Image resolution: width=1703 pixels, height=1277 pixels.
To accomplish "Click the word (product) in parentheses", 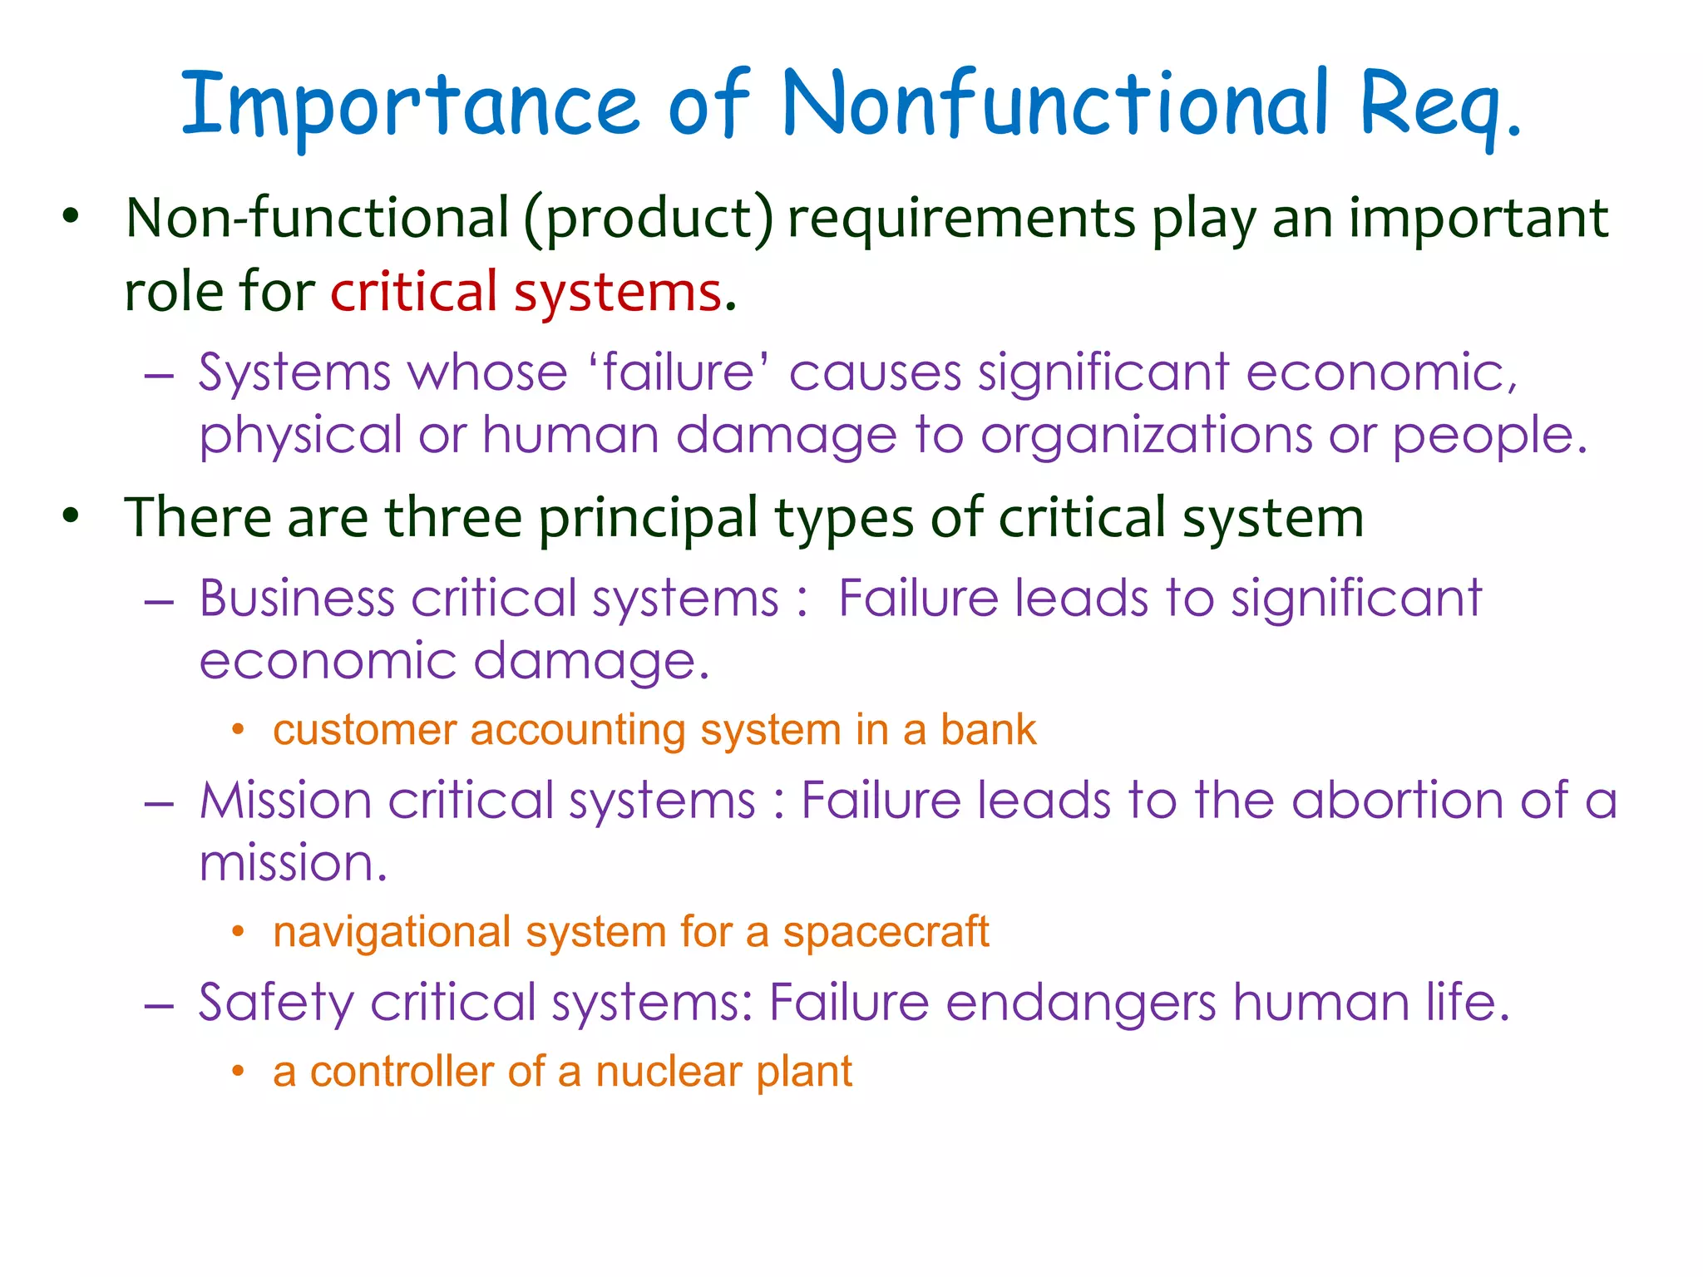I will [649, 219].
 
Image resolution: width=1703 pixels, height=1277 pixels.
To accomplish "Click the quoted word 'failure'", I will [679, 372].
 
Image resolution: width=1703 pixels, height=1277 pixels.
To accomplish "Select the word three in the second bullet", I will [453, 517].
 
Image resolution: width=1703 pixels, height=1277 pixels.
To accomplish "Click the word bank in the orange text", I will [989, 730].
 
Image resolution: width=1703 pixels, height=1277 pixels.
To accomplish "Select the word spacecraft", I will [886, 932].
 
